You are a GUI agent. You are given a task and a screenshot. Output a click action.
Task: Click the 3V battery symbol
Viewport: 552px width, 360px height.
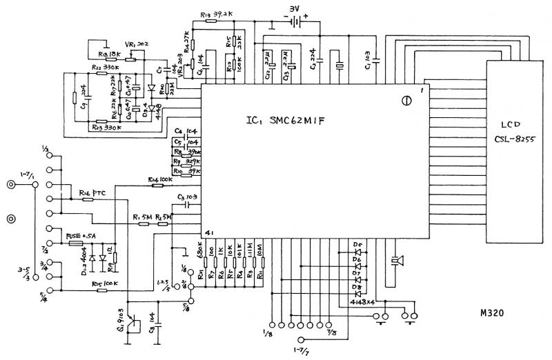(297, 22)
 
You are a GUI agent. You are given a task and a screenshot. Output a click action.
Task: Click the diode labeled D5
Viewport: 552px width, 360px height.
(357, 252)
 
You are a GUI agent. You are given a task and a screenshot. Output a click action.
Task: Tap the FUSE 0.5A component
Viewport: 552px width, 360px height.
(76, 244)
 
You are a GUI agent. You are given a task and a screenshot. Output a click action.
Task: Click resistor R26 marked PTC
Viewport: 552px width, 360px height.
(88, 199)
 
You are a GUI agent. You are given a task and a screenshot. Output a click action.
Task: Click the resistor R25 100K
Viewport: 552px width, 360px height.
(101, 290)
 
